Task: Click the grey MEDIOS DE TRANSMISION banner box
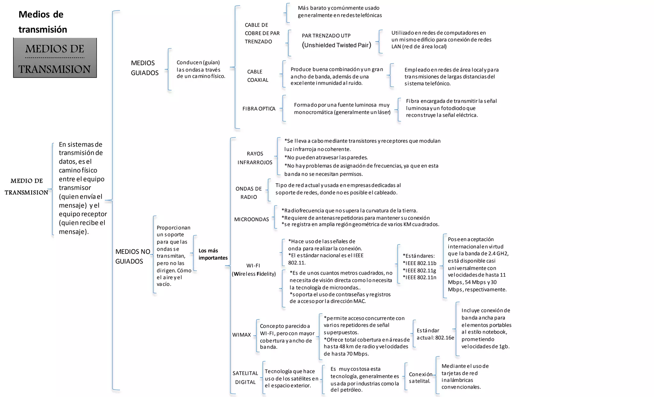55,58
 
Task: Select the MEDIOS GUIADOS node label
145,68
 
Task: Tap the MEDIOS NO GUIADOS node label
133,256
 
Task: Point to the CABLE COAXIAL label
258,76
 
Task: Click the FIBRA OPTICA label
259,109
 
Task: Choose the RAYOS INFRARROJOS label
255,158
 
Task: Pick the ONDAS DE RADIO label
249,193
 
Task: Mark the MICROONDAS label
252,219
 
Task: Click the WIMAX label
241,335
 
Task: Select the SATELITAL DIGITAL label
245,378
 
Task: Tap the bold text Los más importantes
213,254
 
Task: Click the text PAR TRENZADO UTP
326,35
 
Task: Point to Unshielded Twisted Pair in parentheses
337,45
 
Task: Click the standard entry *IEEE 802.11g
419,270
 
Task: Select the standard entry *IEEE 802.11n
419,277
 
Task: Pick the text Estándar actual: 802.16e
435,334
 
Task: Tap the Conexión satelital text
420,378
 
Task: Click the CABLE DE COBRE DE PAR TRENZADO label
262,33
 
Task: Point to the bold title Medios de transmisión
42,22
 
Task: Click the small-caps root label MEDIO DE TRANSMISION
27,187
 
